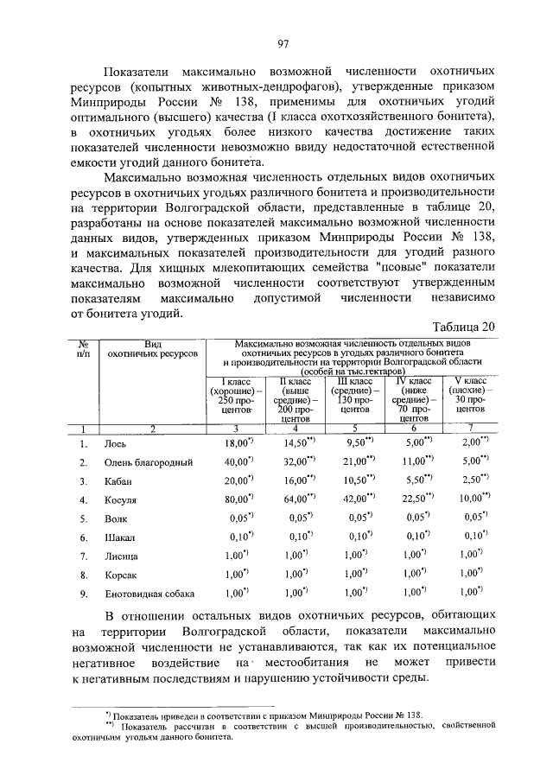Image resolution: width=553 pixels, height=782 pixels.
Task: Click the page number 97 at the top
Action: click(x=282, y=44)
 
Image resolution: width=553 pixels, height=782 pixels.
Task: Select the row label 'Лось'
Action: click(x=116, y=443)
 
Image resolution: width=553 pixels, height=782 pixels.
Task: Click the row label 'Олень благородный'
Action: click(x=148, y=462)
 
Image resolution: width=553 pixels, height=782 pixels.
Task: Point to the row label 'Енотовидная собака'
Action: click(x=149, y=594)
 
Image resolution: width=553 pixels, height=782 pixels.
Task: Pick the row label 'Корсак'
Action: click(x=122, y=575)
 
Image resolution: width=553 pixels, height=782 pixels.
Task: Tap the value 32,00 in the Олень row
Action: click(x=296, y=462)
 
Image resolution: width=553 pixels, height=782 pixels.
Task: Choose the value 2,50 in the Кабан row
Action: click(x=471, y=481)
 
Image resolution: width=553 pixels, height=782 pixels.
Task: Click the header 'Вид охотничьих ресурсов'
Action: click(x=152, y=348)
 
